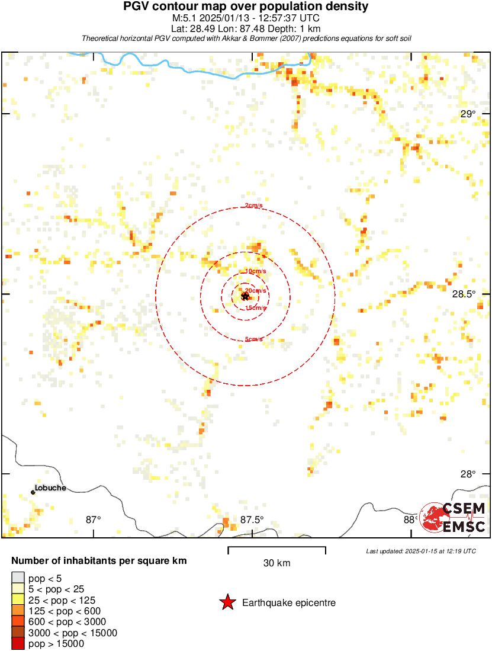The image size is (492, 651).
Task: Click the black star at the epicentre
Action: click(x=245, y=296)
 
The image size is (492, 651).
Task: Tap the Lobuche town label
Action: click(x=50, y=488)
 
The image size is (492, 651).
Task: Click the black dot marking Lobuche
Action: click(x=33, y=492)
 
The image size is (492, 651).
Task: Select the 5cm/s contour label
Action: click(x=253, y=339)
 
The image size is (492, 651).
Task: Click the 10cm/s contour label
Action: click(x=256, y=271)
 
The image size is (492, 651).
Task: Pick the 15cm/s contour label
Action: click(x=256, y=308)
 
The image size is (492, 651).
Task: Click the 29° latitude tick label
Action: click(x=468, y=114)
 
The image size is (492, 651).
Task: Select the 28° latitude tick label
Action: click(x=468, y=474)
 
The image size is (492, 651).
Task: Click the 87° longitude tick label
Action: click(x=94, y=519)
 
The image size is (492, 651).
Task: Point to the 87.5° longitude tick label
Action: click(x=252, y=519)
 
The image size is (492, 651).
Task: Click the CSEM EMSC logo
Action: click(x=452, y=518)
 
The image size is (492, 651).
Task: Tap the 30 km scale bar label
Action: click(x=276, y=563)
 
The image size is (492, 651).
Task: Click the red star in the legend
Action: click(x=227, y=603)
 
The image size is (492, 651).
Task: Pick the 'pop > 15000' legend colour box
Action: click(x=18, y=643)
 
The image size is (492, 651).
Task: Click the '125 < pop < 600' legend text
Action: click(x=65, y=611)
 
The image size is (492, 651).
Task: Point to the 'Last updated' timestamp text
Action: click(x=421, y=551)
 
